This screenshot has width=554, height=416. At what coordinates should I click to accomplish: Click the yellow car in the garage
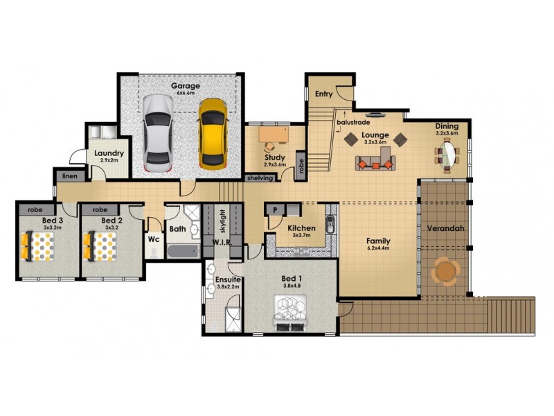pos(212,133)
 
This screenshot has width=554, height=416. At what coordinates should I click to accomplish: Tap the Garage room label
pos(186,87)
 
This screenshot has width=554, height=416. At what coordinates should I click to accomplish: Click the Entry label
pos(323,94)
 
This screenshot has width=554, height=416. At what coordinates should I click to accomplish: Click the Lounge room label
pos(374,135)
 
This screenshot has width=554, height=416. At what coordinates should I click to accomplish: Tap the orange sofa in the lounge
pos(374,164)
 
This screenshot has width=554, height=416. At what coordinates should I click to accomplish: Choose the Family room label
pos(378,241)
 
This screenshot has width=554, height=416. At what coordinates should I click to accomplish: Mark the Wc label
pos(154,240)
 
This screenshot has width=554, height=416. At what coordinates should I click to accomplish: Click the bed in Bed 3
pos(37,246)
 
